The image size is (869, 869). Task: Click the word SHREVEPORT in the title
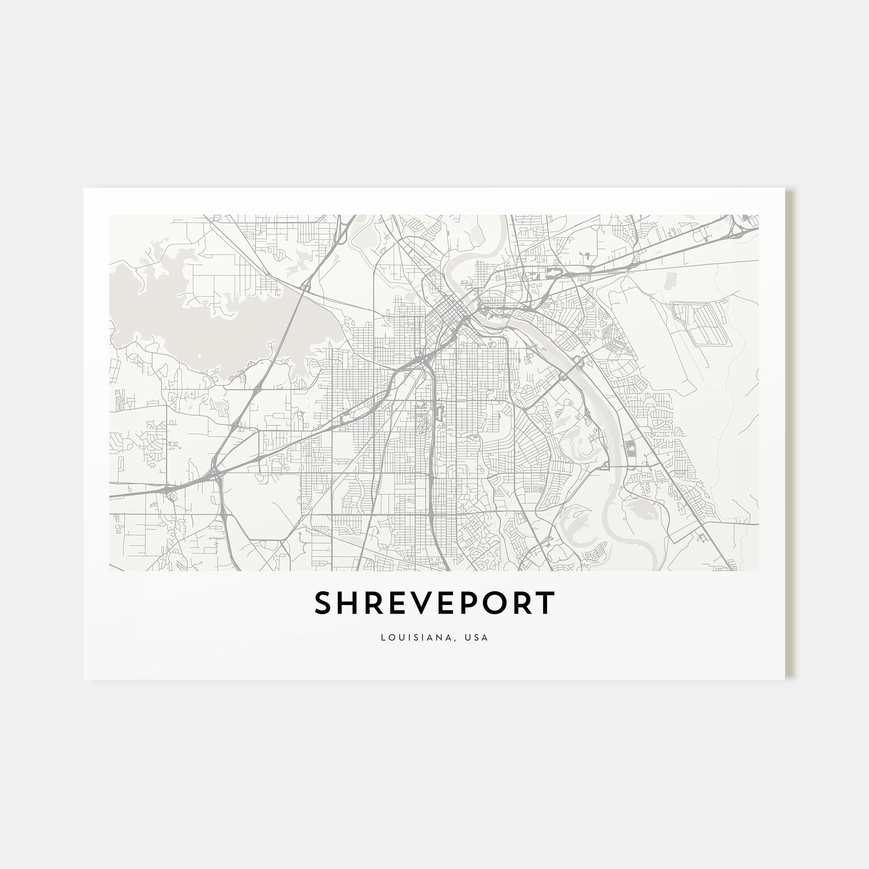(434, 603)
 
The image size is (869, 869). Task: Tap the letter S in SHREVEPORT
(323, 603)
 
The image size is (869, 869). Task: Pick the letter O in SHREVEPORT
(493, 603)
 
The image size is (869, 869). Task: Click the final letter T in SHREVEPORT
(546, 603)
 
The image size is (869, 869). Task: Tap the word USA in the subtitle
(477, 637)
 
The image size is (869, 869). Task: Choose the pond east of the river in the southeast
(639, 509)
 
